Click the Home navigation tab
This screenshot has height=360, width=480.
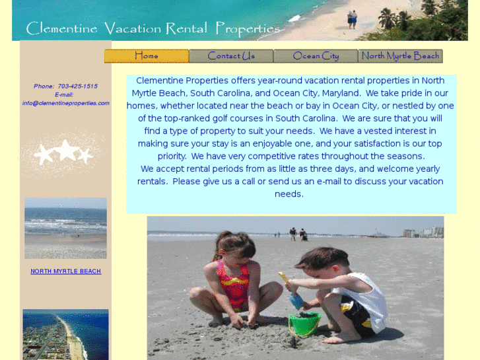click(147, 56)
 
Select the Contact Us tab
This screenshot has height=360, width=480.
click(231, 56)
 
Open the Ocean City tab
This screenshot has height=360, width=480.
click(316, 56)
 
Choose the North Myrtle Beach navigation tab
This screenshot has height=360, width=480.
click(400, 56)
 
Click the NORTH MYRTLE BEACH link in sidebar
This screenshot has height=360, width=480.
click(65, 271)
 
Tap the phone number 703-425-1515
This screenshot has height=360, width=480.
click(77, 87)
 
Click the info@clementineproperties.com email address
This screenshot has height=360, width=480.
click(65, 103)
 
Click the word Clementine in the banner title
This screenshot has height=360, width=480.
click(61, 28)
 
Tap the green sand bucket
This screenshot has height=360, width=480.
click(304, 323)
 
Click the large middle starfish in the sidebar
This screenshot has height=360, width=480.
click(66, 150)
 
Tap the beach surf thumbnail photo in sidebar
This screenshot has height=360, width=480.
click(65, 229)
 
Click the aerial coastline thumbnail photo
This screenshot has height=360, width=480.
click(65, 334)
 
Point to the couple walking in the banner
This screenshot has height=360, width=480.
click(353, 18)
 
